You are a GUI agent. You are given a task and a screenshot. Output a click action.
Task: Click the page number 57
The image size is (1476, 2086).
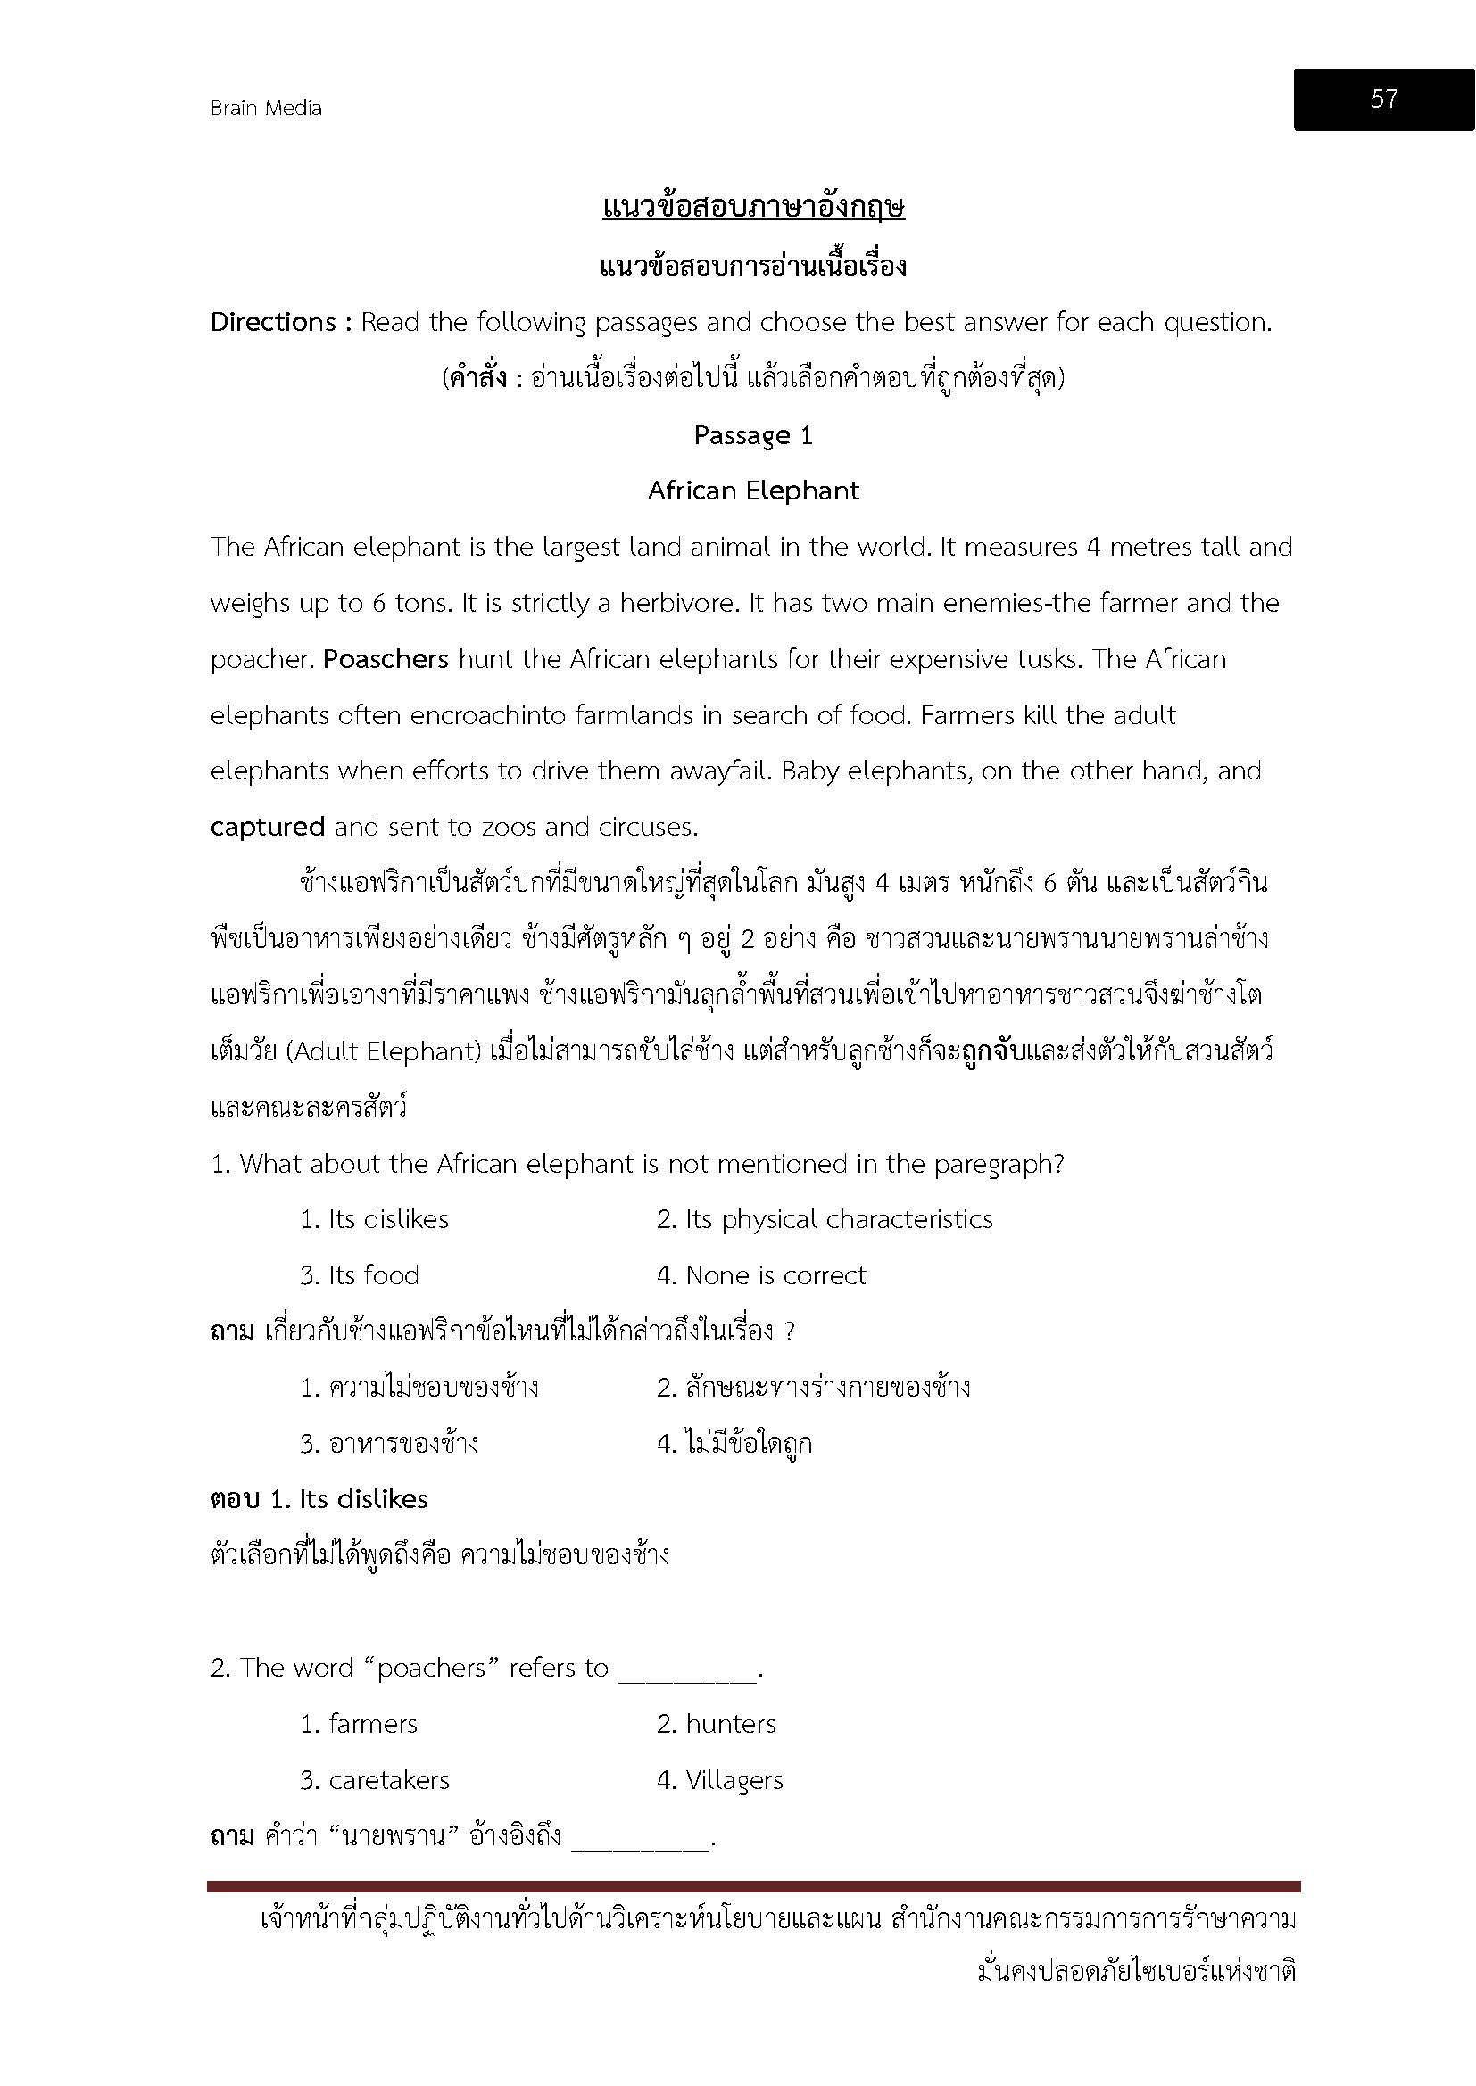click(x=1383, y=99)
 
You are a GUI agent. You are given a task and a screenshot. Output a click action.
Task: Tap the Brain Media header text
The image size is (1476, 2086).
click(x=265, y=108)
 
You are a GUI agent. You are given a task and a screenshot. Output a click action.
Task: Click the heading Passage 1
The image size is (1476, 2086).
click(x=752, y=436)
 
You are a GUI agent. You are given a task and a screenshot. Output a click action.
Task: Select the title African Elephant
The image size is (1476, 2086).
click(x=752, y=491)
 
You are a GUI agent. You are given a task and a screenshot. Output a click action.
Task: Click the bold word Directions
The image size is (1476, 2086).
click(x=273, y=323)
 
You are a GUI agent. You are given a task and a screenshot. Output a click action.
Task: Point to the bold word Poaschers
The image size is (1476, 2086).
click(x=386, y=660)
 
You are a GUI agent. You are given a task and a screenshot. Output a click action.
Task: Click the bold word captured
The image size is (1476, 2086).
click(x=267, y=828)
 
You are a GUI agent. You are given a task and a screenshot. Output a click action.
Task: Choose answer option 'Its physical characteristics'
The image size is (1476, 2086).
click(x=825, y=1219)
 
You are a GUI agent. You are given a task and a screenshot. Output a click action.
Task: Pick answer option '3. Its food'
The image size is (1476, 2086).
click(x=360, y=1275)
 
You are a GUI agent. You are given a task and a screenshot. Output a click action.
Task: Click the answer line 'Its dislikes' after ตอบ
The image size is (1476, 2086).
click(x=362, y=1499)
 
